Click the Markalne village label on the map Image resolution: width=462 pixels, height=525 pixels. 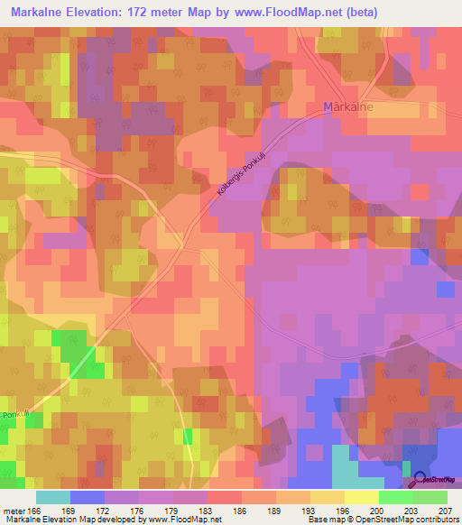point(347,107)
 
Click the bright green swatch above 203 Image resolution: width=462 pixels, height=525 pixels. point(395,496)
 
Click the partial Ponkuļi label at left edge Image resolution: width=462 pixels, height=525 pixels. point(11,415)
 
